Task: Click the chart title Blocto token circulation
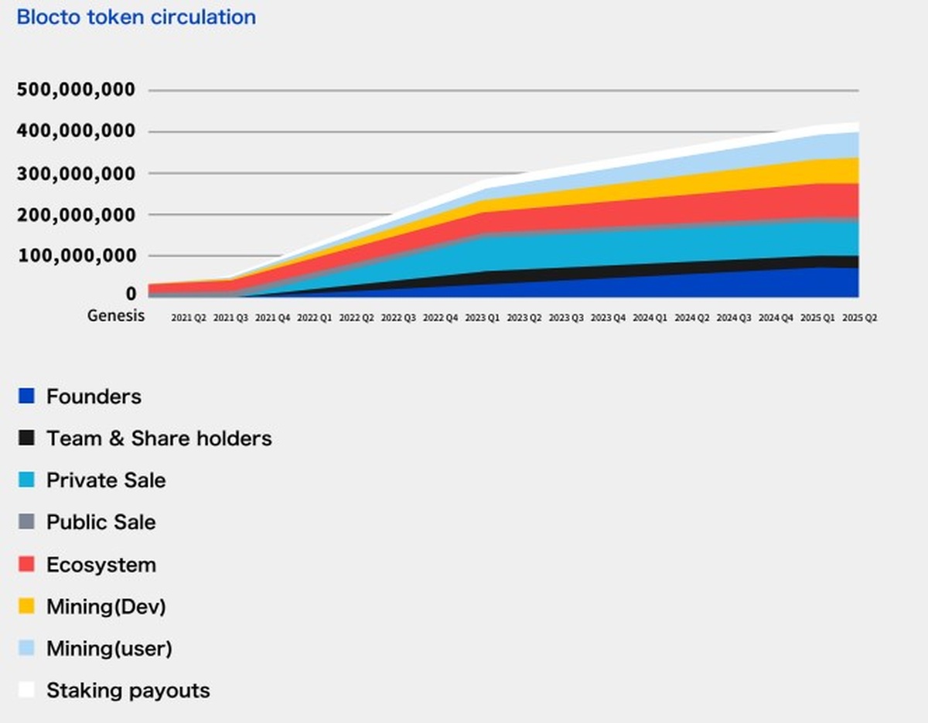pos(136,17)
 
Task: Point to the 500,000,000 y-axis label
pos(77,90)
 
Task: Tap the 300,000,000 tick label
pos(77,174)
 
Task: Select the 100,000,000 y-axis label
pos(77,256)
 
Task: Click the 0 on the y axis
pos(131,294)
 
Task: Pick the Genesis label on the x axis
pos(116,316)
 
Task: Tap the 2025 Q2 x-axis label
pos(860,318)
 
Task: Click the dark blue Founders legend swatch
pos(27,397)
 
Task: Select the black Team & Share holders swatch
pos(27,438)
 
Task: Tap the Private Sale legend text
pos(106,480)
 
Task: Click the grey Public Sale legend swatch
pos(27,522)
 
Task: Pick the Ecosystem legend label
pos(101,564)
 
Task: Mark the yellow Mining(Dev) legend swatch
pos(27,607)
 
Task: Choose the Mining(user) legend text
pos(109,648)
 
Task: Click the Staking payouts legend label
pos(128,690)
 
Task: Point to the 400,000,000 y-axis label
pos(77,132)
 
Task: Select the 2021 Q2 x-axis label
pos(189,318)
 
